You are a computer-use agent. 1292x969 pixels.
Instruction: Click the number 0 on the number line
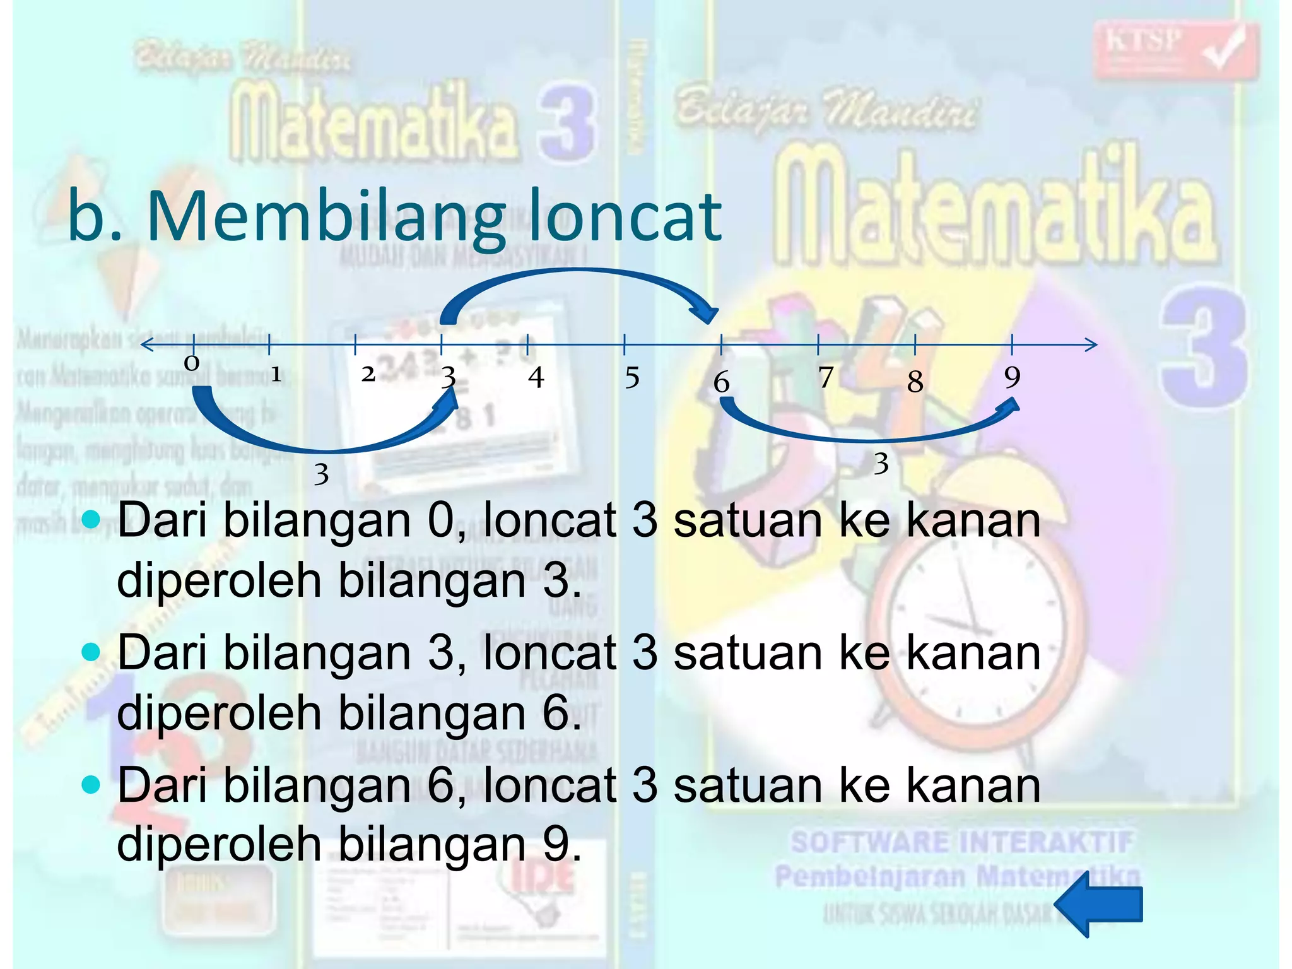192,363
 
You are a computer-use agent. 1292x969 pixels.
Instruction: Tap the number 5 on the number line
632,378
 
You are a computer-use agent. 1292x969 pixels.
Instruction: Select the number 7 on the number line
826,377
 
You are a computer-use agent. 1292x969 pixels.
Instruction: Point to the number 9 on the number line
1012,377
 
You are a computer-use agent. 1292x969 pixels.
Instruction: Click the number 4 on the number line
536,377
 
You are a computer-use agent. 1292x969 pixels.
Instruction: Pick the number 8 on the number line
915,381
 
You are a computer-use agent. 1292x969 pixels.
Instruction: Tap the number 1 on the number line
276,375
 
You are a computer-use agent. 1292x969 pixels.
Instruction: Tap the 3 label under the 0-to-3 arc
321,474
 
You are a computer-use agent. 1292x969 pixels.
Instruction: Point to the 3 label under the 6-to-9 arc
881,464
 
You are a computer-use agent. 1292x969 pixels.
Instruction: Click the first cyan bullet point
91,519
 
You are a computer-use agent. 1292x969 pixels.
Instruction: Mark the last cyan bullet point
91,785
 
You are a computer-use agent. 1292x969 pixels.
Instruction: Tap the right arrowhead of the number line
1091,344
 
